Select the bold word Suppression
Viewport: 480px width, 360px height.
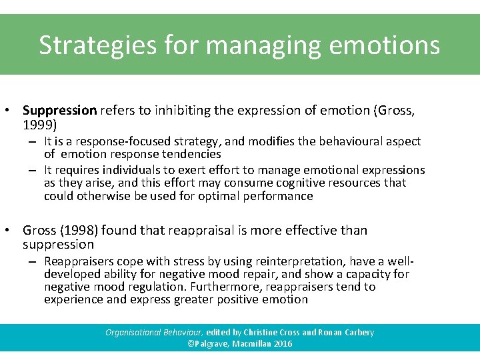coord(60,110)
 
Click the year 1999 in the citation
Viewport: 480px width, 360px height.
coord(37,125)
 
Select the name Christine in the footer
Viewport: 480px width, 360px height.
coord(271,332)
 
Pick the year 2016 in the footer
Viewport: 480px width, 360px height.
coord(282,344)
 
